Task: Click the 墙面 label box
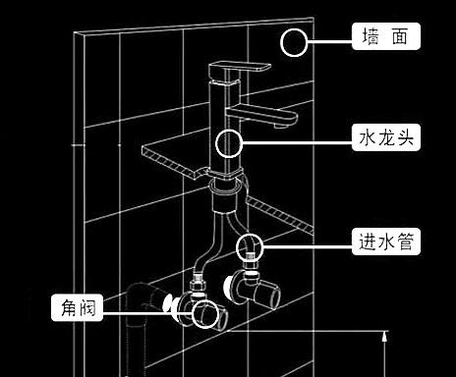tap(386, 38)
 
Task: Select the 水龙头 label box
tap(386, 137)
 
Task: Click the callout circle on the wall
tap(294, 41)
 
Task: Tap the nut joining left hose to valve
tap(197, 288)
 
